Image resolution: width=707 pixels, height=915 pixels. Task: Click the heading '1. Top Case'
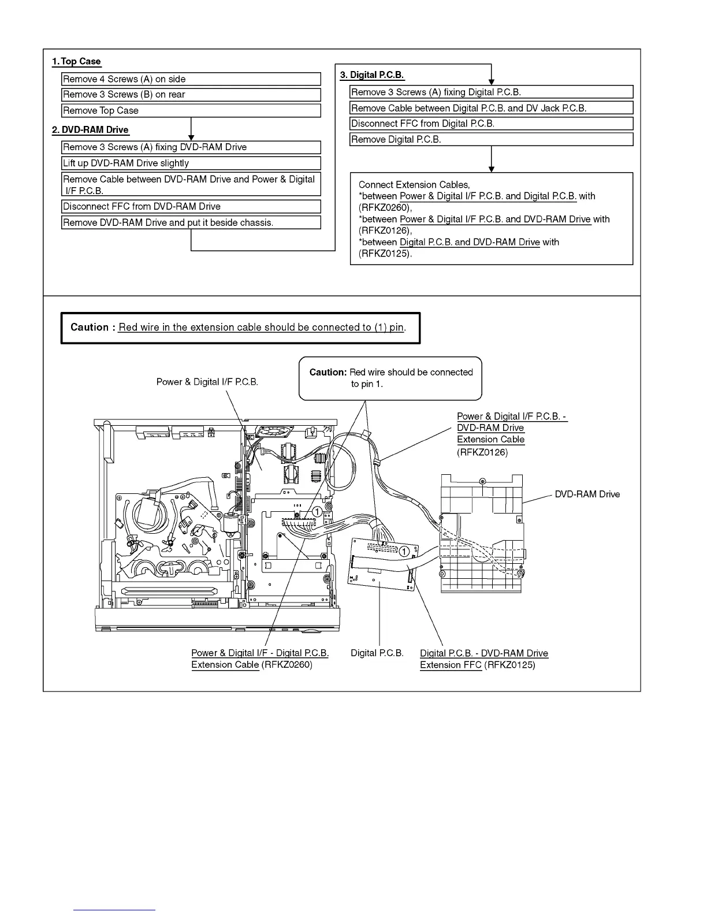pyautogui.click(x=76, y=62)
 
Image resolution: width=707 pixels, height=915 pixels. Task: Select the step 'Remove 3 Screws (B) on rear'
pyautogui.click(x=191, y=95)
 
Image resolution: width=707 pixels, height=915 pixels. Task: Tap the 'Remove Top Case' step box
pyautogui.click(x=191, y=111)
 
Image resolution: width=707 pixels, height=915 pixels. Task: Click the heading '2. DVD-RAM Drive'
pyautogui.click(x=90, y=130)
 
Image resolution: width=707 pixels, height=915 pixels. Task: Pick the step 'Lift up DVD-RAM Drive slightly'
pyautogui.click(x=191, y=163)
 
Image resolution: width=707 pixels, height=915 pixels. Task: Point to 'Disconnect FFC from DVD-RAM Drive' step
pyautogui.click(x=191, y=207)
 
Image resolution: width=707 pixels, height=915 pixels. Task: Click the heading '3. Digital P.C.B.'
pyautogui.click(x=372, y=75)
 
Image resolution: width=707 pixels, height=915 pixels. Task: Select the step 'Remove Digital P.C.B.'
pyautogui.click(x=491, y=140)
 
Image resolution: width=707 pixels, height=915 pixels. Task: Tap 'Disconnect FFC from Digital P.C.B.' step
pyautogui.click(x=491, y=124)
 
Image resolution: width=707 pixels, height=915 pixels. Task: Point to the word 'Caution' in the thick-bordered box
pyautogui.click(x=90, y=328)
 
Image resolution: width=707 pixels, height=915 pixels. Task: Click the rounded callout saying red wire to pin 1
pyautogui.click(x=390, y=378)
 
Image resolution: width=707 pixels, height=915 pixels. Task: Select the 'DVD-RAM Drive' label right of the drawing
pyautogui.click(x=587, y=494)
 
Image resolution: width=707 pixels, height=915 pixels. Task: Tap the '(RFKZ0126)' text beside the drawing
pyautogui.click(x=482, y=452)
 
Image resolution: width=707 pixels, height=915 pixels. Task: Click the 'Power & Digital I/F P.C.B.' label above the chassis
pyautogui.click(x=207, y=382)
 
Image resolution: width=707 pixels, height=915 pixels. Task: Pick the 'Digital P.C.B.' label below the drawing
pyautogui.click(x=377, y=653)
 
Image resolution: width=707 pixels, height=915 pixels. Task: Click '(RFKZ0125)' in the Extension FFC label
pyautogui.click(x=509, y=665)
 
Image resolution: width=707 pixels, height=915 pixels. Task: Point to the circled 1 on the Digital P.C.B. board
pyautogui.click(x=405, y=552)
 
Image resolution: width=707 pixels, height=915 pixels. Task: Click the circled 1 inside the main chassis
pyautogui.click(x=317, y=512)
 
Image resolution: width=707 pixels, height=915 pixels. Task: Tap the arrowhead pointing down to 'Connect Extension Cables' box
pyautogui.click(x=492, y=169)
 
